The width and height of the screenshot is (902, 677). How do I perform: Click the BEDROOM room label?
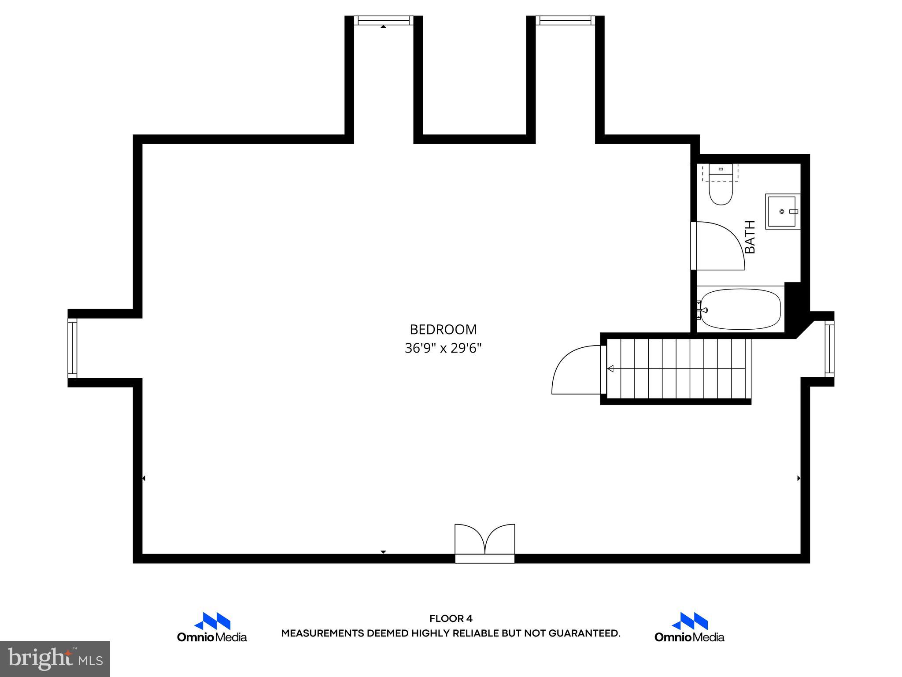click(x=443, y=329)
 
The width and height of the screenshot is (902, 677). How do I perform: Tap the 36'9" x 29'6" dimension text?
click(x=443, y=349)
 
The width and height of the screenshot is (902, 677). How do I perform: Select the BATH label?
click(x=750, y=237)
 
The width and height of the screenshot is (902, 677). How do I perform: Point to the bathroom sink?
click(x=782, y=212)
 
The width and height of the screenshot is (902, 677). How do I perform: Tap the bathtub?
click(x=741, y=309)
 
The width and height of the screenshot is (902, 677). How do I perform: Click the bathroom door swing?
click(x=718, y=246)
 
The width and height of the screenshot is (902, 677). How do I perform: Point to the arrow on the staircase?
click(x=611, y=368)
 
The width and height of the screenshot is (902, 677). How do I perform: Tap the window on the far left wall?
click(x=72, y=348)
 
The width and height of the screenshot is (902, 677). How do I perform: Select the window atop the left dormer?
click(x=384, y=20)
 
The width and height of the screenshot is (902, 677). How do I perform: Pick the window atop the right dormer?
click(x=565, y=20)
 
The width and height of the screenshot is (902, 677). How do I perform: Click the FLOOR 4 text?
click(x=451, y=618)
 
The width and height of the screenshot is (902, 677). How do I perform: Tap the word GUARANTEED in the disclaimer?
click(x=585, y=633)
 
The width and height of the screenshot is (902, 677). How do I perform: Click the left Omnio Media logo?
click(x=212, y=627)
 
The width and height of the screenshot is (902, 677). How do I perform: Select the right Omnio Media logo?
click(x=689, y=627)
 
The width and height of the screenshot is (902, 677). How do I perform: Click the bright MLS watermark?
click(x=55, y=658)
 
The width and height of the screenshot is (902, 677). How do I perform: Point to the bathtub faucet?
click(x=701, y=310)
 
